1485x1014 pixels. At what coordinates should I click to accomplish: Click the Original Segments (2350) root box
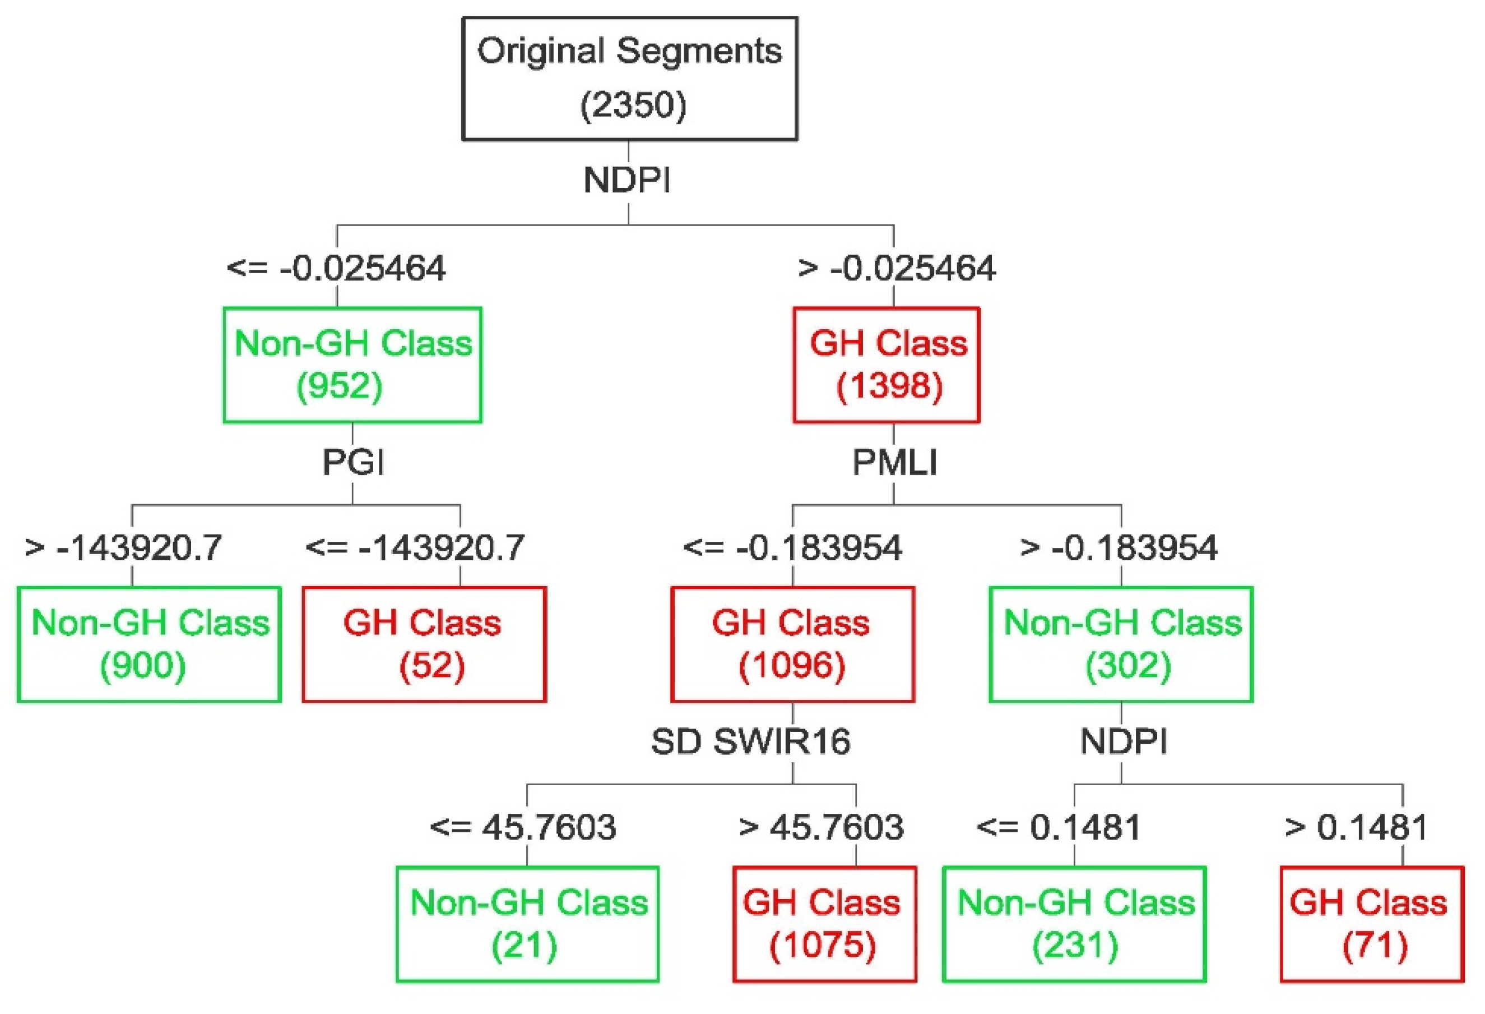pyautogui.click(x=629, y=78)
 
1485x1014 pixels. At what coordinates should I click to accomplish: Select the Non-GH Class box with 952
pyautogui.click(x=352, y=365)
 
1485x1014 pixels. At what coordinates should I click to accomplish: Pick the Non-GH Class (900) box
pyautogui.click(x=149, y=644)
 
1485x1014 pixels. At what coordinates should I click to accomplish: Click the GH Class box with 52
pyautogui.click(x=424, y=644)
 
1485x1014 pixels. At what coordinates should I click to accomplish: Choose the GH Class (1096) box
pyautogui.click(x=792, y=644)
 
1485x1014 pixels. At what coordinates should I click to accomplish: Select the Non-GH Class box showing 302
pyautogui.click(x=1121, y=644)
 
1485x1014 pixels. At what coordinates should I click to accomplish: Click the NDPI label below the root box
pyautogui.click(x=628, y=180)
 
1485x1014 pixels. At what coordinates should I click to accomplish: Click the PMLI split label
pyautogui.click(x=894, y=462)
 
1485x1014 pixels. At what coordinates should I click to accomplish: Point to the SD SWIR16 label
pyautogui.click(x=751, y=741)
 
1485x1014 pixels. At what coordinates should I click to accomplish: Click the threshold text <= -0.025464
pyautogui.click(x=336, y=268)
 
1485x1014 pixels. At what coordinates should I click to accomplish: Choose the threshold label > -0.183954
pyautogui.click(x=1119, y=548)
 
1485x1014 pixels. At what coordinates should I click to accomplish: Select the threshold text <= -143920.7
pyautogui.click(x=415, y=548)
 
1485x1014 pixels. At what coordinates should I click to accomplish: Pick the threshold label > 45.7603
pyautogui.click(x=821, y=827)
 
